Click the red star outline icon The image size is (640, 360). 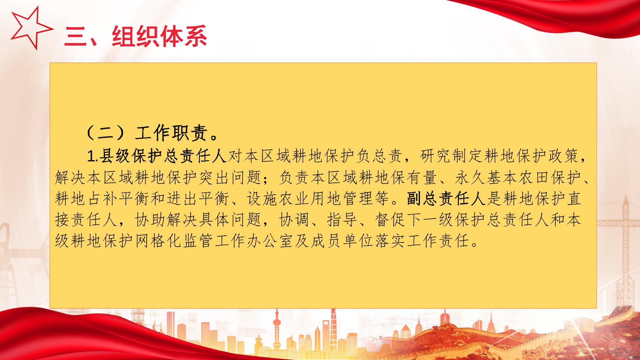point(30,28)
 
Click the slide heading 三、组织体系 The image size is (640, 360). point(136,36)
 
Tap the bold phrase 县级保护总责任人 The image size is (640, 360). point(162,157)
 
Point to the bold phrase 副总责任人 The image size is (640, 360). point(446,199)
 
